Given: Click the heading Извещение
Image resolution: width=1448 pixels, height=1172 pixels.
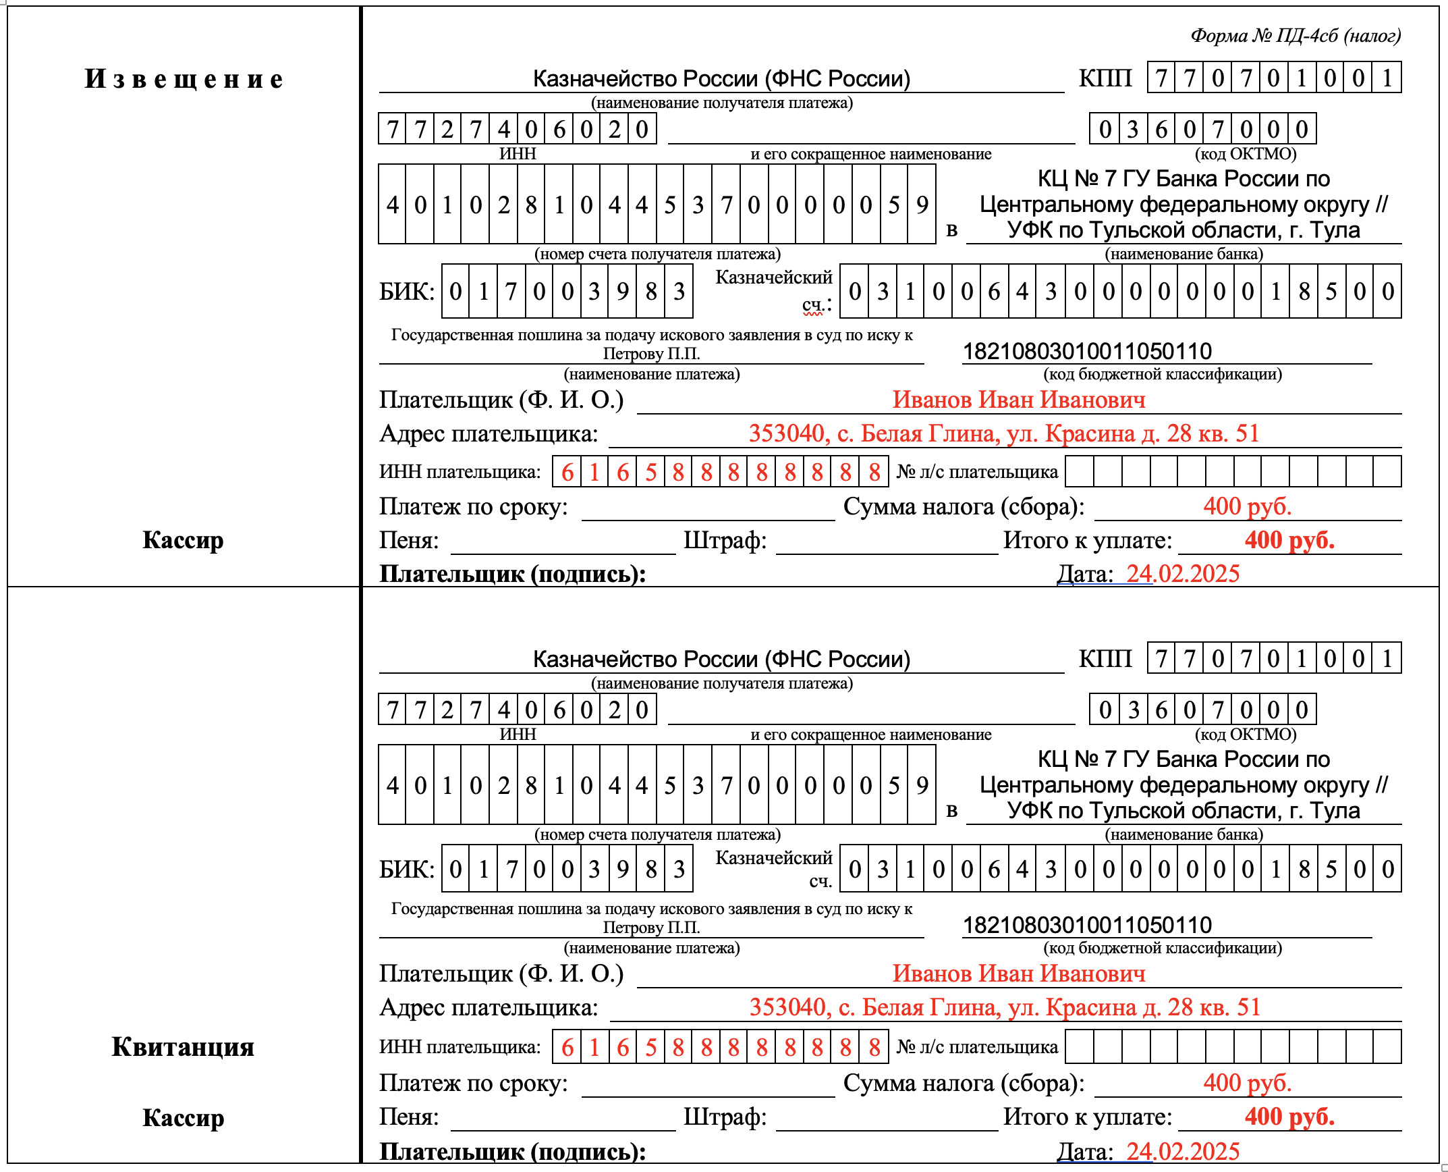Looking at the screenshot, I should point(183,79).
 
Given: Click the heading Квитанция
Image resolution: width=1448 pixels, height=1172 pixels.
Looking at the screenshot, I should point(183,1046).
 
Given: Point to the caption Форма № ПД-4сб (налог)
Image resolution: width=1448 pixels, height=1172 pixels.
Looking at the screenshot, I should point(1296,35).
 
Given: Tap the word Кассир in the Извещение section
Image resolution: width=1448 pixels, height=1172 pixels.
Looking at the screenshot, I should point(183,540).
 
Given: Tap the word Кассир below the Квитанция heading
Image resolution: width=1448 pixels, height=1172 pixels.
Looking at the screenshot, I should point(183,1117).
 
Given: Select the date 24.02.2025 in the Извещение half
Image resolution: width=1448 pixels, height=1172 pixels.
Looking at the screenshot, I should point(1183,574).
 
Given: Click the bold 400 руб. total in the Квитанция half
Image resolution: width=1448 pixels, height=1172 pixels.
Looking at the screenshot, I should point(1289,1117).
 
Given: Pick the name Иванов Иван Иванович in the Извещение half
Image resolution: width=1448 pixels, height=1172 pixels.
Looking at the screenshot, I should point(1019,400).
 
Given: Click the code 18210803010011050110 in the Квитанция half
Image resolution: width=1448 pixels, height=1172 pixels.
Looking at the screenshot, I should point(1087,925).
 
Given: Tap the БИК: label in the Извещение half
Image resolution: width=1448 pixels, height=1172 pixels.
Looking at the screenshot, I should point(407,292).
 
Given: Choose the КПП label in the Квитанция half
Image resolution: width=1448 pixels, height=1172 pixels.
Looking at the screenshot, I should point(1105,658).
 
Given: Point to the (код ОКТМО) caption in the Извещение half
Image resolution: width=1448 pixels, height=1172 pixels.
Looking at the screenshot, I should point(1246,154).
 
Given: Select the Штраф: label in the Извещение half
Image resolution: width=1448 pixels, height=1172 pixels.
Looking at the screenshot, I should point(725,540).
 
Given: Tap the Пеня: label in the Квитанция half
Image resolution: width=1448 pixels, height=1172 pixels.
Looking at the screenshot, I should point(409,1117).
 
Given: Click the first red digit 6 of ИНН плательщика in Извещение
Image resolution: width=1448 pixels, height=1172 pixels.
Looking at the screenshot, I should point(567,472).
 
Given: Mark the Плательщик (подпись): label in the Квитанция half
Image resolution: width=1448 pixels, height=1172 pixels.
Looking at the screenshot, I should point(513,1152).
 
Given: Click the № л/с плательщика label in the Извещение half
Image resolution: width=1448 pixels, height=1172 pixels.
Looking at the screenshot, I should point(977,472).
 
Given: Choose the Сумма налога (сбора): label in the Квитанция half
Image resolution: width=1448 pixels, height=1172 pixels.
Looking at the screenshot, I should point(964,1083).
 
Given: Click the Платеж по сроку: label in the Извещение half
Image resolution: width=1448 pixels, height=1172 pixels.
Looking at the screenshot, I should point(474,506).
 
